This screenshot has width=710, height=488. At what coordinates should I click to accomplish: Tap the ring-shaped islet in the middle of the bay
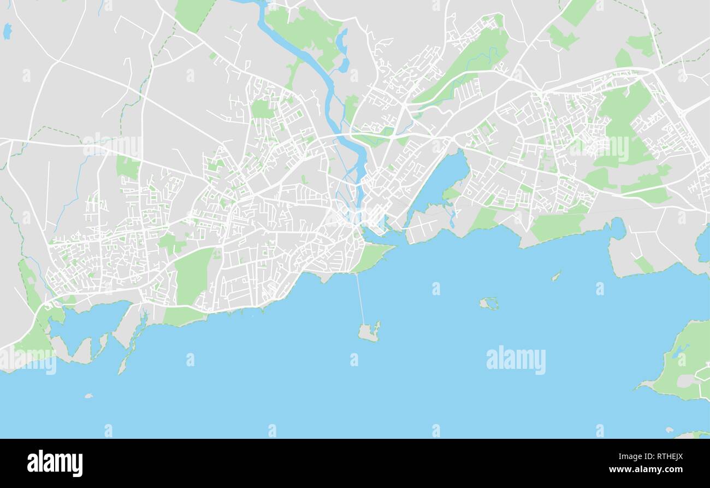[x=489, y=303]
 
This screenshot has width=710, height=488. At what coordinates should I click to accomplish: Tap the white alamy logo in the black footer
[x=55, y=463]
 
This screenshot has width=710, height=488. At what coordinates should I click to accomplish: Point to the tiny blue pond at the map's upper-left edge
[x=7, y=31]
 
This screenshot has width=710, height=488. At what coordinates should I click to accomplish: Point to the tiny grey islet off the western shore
[x=88, y=396]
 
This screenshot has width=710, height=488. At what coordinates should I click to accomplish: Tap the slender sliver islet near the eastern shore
[x=556, y=276]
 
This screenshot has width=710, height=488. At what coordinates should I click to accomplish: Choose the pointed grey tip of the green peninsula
[x=639, y=387]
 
